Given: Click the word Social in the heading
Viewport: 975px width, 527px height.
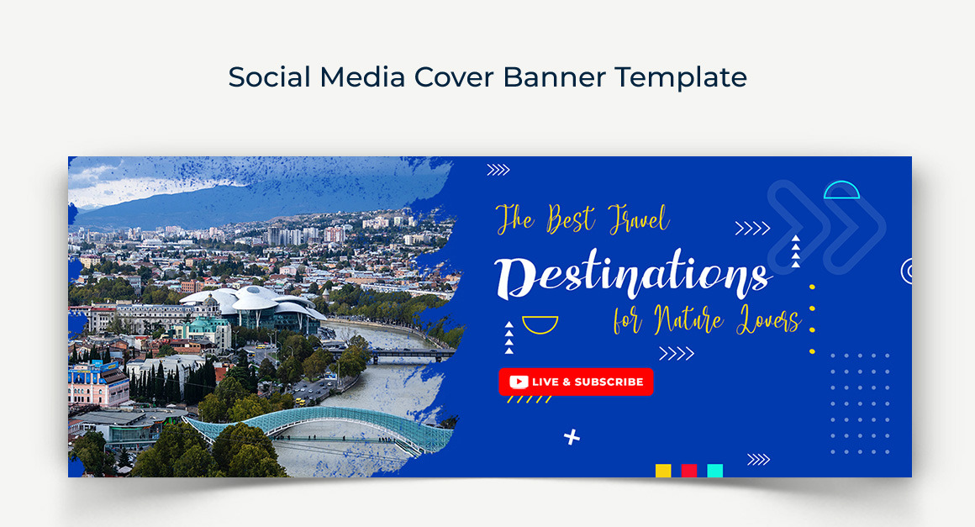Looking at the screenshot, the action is [269, 77].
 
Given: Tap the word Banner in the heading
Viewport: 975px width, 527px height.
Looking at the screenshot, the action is [554, 77].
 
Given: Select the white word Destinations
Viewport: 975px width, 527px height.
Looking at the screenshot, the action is [633, 277].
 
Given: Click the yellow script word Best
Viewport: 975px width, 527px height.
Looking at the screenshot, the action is [570, 219].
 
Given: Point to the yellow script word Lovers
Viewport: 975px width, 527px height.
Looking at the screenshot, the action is [768, 319].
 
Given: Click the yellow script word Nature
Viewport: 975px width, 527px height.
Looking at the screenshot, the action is [688, 319].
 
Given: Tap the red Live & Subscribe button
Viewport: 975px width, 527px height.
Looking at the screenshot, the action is [576, 382].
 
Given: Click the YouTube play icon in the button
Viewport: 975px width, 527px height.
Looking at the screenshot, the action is [519, 382].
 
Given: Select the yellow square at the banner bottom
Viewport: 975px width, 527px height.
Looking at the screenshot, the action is [663, 471].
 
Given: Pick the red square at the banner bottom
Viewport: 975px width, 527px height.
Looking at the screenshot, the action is [689, 471].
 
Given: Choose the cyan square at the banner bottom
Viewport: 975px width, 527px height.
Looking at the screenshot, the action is [715, 471].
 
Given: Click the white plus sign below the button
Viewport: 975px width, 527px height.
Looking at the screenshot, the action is [572, 437].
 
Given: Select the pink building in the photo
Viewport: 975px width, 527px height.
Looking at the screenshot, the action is [97, 384].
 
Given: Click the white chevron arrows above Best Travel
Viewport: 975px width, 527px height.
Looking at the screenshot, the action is [498, 170].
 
